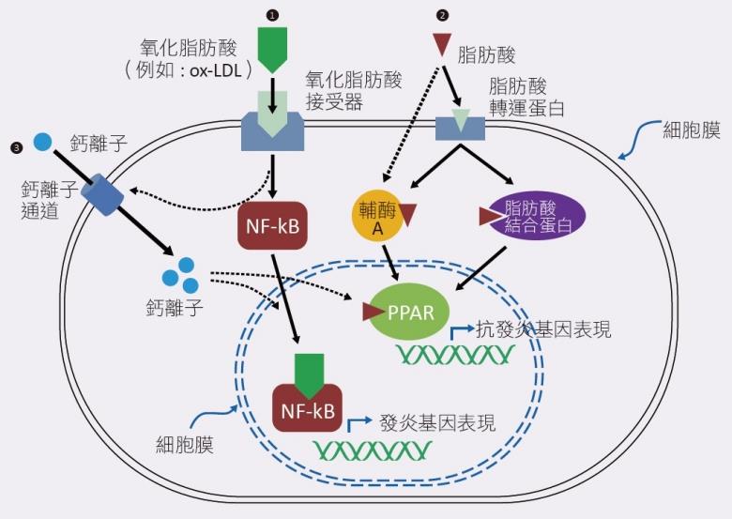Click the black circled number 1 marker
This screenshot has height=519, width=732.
pos(273,16)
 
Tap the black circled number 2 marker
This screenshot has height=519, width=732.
pos(442,16)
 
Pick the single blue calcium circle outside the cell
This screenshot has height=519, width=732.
pos(42,143)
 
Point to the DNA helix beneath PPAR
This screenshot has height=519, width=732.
pos(454,355)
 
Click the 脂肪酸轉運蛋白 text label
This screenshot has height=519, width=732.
pos(526,97)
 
